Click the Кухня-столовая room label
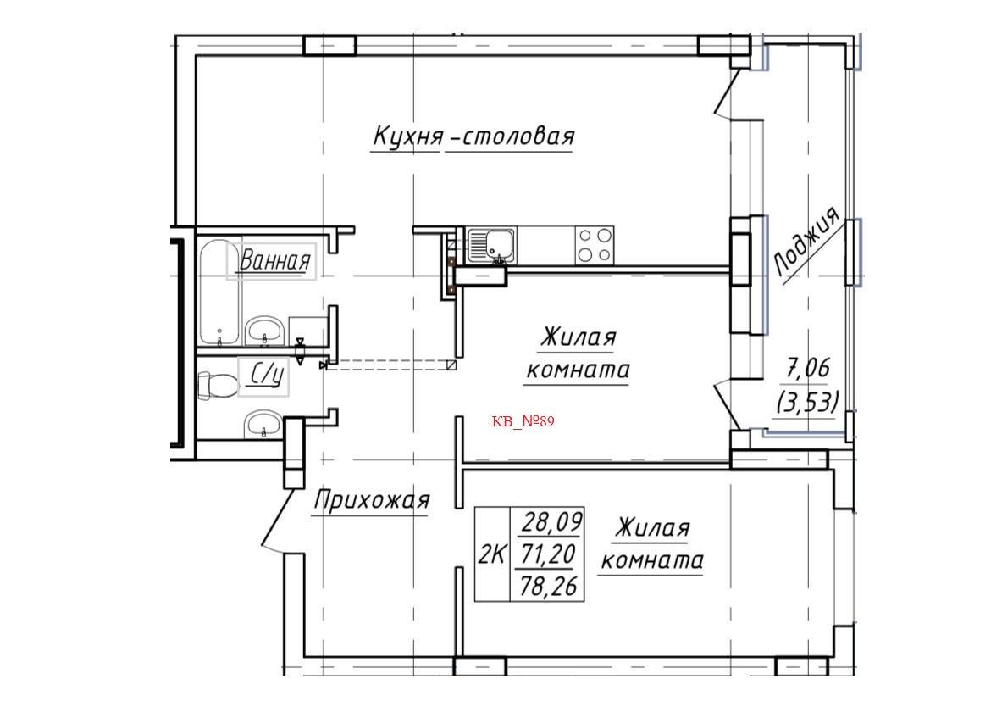click(473, 137)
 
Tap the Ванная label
click(274, 261)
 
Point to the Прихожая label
click(372, 501)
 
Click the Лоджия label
click(806, 242)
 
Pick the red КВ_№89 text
click(523, 420)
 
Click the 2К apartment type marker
click(491, 555)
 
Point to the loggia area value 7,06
click(809, 368)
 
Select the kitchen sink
click(494, 244)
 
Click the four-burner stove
click(595, 244)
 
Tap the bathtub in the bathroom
click(219, 292)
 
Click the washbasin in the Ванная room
click(266, 331)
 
